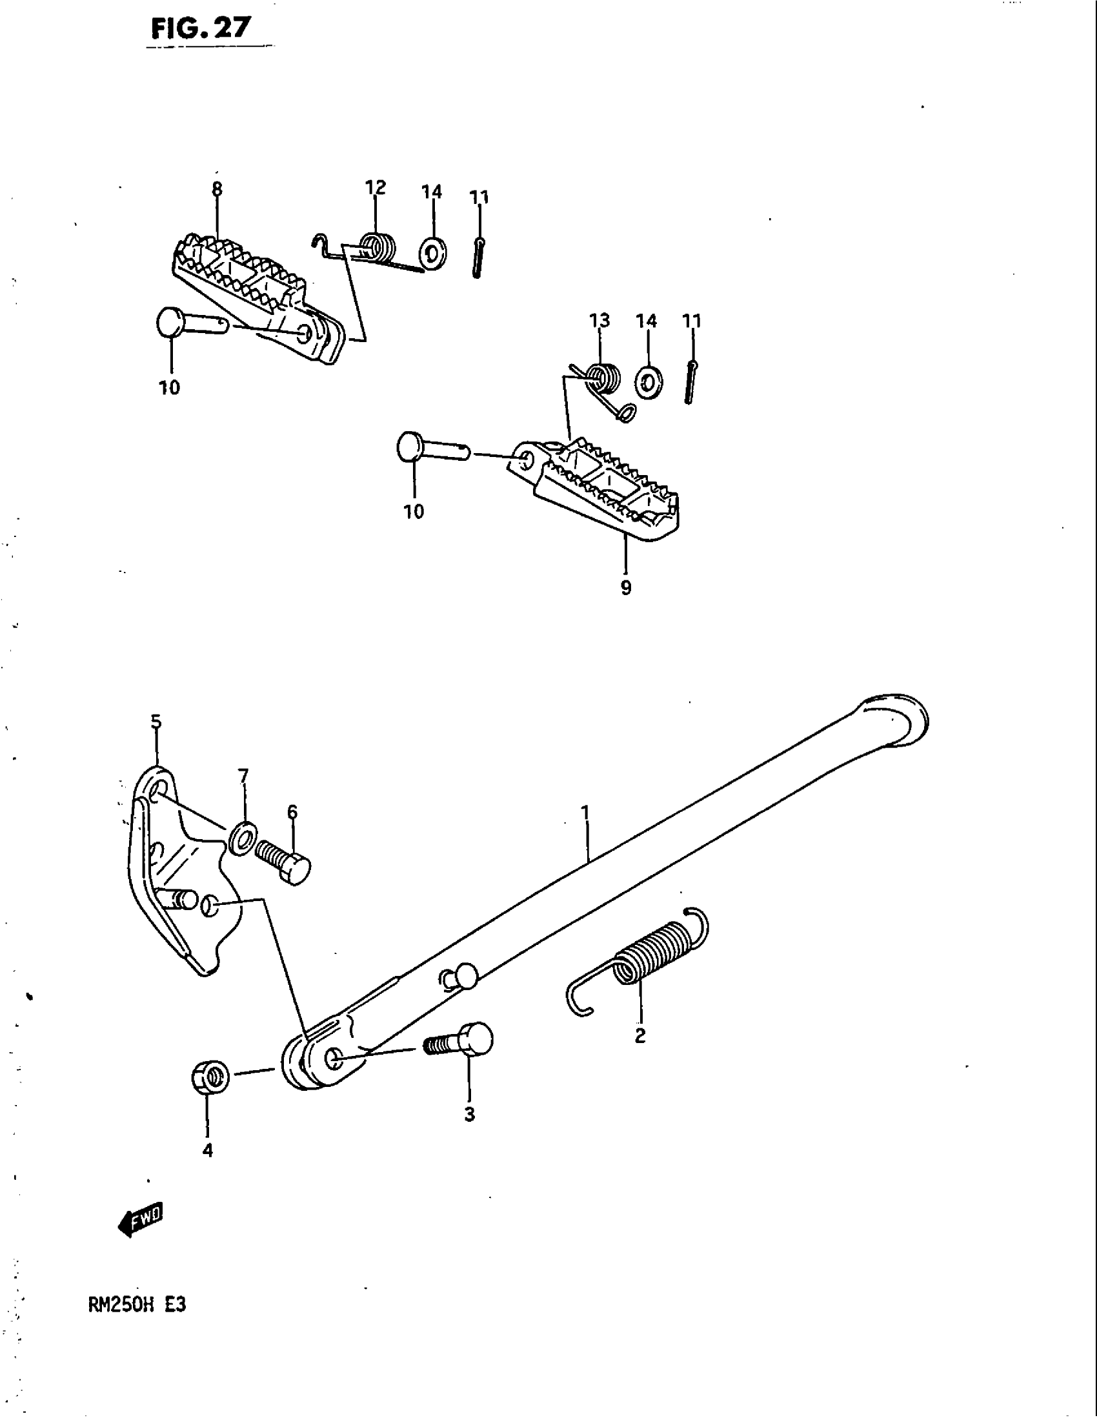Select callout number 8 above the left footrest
(217, 189)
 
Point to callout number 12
(376, 188)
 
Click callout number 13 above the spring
(600, 321)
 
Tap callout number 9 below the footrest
(626, 588)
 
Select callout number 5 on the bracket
(156, 722)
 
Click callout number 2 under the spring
(640, 1036)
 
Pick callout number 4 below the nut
(207, 1150)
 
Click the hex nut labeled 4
(210, 1077)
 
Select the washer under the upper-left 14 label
(433, 254)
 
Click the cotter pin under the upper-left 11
(478, 258)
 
